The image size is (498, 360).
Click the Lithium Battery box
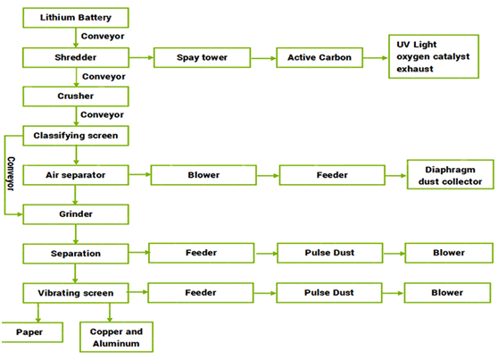click(76, 18)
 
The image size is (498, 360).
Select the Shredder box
click(76, 57)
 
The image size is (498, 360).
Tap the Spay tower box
click(202, 57)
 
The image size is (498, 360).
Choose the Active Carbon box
click(320, 57)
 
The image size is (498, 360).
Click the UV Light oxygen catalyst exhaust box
click(434, 56)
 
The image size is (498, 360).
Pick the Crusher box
click(76, 96)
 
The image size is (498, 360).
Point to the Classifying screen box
click(76, 136)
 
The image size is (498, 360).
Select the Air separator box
click(76, 175)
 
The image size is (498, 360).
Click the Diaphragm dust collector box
click(451, 174)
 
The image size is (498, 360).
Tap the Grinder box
click(76, 214)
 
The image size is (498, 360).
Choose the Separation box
click(76, 254)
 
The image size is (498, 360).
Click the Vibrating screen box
click(76, 293)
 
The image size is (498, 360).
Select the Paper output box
click(32, 332)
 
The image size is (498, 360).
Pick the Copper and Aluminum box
click(116, 337)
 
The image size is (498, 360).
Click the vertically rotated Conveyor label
click(11, 173)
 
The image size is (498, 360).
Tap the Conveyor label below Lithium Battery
click(103, 37)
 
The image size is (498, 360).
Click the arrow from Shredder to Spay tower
click(141, 57)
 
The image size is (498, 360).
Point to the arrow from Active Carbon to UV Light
click(376, 58)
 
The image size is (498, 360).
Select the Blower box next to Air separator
click(203, 175)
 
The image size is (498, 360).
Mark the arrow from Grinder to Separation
click(76, 234)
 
